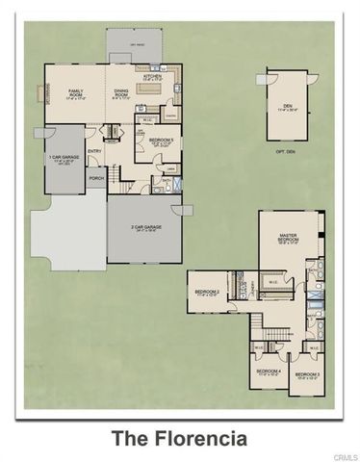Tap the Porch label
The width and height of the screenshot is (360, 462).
pyautogui.click(x=95, y=178)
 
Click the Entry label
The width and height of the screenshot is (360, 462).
pyautogui.click(x=94, y=151)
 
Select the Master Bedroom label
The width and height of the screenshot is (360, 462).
pyautogui.click(x=288, y=237)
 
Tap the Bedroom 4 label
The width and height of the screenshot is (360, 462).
pyautogui.click(x=268, y=372)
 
